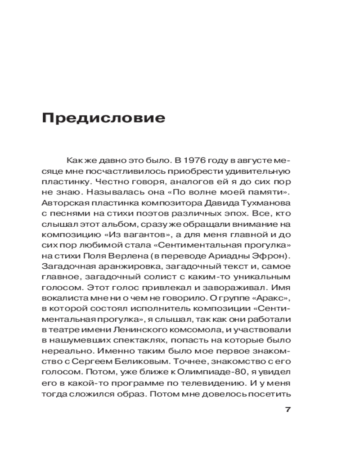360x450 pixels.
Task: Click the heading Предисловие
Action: [x=103, y=118]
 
